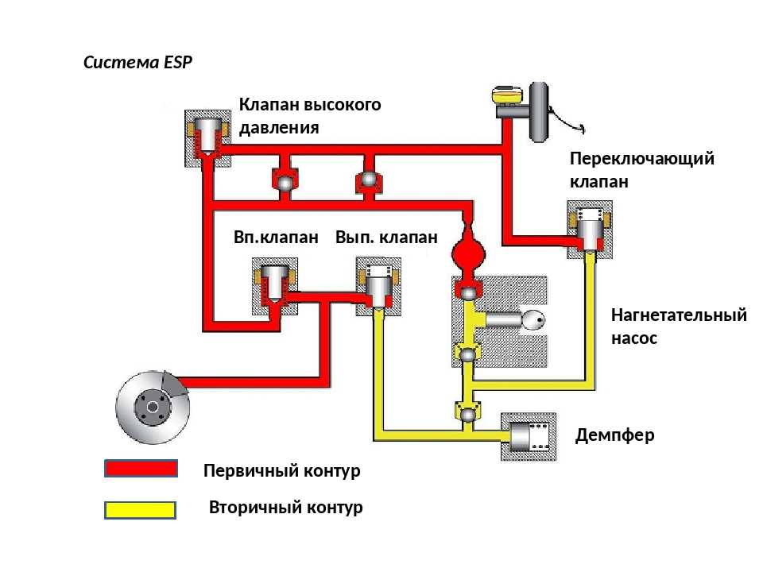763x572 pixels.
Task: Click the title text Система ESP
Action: coord(137,62)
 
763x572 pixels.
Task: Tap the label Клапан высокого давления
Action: coord(310,116)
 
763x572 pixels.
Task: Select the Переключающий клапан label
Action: coord(642,170)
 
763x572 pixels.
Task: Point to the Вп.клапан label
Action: coord(276,238)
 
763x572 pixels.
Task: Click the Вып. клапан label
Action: coord(386,238)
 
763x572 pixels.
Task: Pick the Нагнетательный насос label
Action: coord(679,326)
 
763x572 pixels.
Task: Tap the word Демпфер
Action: coord(614,435)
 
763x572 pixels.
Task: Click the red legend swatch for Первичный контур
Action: coord(141,469)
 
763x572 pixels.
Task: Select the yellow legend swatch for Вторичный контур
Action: coord(140,510)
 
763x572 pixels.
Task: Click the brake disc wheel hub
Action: coord(153,408)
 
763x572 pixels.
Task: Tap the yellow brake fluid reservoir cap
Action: coord(506,95)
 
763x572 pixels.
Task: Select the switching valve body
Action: coord(590,230)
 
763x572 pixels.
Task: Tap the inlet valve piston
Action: coord(275,283)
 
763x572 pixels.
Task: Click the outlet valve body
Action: coord(378,287)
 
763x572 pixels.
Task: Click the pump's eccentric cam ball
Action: coord(533,320)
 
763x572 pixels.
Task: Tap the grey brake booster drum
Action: coord(539,112)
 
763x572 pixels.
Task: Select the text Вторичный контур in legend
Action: coord(285,508)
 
